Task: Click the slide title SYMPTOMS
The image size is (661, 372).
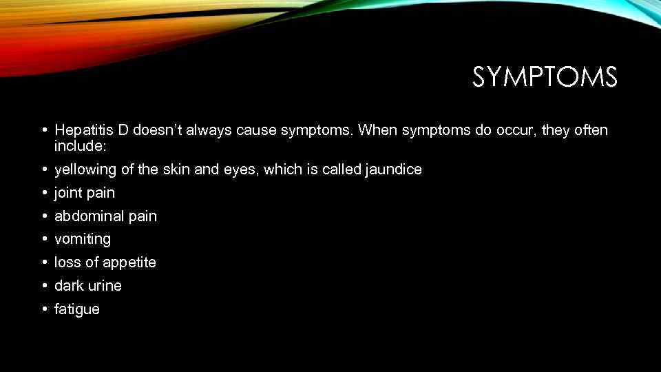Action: click(x=545, y=77)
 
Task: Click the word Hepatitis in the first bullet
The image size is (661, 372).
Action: click(x=81, y=130)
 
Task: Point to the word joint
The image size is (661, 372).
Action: click(x=68, y=193)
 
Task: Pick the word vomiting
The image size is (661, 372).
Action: click(x=83, y=240)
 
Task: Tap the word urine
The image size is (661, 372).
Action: click(x=105, y=286)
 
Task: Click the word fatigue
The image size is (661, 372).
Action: click(x=77, y=309)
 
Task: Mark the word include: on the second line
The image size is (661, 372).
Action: click(x=77, y=147)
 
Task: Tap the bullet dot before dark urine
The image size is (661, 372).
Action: click(x=43, y=286)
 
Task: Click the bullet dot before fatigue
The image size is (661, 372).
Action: click(x=43, y=309)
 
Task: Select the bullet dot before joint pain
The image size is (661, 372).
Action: click(x=43, y=193)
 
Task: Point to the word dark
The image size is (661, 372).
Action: click(x=69, y=286)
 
